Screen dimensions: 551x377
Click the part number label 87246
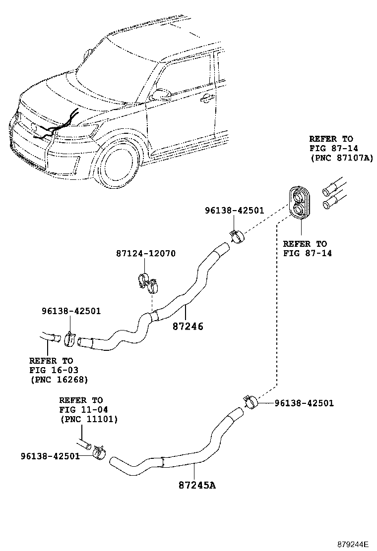tap(188, 327)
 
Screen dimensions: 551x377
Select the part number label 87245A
tap(197, 485)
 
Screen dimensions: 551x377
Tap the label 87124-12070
tap(146, 254)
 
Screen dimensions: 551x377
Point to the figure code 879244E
tap(353, 544)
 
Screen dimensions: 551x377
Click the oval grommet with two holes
tap(301, 203)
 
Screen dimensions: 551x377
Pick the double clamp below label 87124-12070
tap(148, 283)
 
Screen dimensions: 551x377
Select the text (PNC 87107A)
tap(341, 158)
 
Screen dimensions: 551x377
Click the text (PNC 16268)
tap(59, 380)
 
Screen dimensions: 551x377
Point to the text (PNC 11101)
tap(88, 419)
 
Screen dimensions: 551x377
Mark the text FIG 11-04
tap(83, 410)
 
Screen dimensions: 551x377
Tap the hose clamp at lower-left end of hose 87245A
tap(99, 451)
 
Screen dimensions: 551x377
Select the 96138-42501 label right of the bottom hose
tap(304, 403)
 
